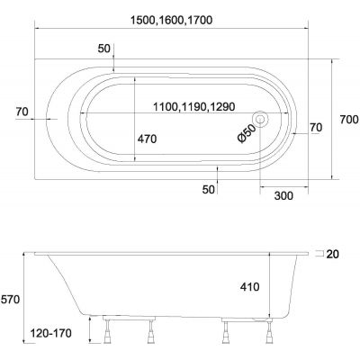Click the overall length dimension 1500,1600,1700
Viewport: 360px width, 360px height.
(172, 20)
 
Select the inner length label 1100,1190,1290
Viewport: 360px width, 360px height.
(193, 106)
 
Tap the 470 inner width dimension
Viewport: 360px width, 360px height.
(147, 139)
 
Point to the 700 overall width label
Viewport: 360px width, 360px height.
(349, 120)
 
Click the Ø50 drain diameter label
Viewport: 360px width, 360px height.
(247, 133)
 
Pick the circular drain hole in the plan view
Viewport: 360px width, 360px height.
(260, 119)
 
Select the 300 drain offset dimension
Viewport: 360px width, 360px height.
(283, 195)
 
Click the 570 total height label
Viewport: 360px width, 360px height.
(11, 299)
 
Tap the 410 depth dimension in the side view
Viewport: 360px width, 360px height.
(250, 287)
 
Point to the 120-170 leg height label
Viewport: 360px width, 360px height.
(51, 333)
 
